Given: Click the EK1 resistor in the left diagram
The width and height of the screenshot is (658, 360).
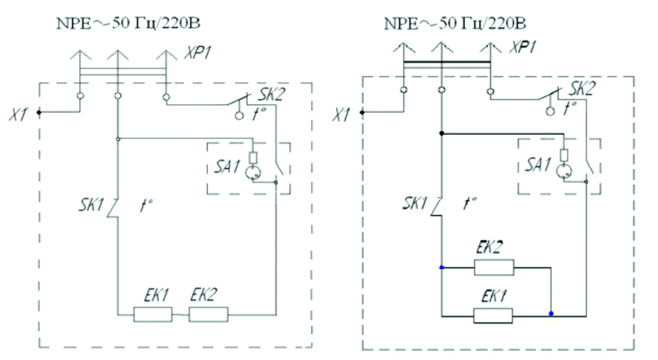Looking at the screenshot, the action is [153, 314].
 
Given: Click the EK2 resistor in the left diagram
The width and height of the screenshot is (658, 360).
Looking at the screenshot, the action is [208, 314].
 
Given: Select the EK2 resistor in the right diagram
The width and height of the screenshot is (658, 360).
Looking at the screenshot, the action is [494, 267].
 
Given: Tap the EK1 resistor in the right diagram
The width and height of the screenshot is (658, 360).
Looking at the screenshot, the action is [493, 316].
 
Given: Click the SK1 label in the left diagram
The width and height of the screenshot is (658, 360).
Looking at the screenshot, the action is [91, 204].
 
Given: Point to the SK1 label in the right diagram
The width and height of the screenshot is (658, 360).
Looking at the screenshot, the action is [414, 203].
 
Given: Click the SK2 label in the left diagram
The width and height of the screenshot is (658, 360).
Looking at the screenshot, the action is [272, 94].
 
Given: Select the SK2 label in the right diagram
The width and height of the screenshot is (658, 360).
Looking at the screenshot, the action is [583, 88].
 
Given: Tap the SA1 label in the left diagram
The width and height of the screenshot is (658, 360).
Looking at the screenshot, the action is [227, 167].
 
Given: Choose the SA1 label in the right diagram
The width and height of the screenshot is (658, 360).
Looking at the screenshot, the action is [538, 165].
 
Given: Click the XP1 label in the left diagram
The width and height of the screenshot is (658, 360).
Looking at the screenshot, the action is [197, 53].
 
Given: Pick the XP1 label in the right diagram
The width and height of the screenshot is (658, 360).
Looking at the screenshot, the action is [523, 47].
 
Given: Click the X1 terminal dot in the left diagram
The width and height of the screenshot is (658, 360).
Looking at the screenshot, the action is [39, 112].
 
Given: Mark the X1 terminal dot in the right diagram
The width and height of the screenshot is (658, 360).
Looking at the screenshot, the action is [362, 112].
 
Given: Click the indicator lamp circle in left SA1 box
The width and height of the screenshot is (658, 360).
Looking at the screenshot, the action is [253, 172].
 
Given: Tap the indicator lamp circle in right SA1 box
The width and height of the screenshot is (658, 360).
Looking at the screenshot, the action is [564, 171].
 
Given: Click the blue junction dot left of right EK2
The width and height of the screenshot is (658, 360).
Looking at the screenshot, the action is [442, 268].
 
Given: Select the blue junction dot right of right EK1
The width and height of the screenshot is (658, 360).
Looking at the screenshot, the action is [551, 314].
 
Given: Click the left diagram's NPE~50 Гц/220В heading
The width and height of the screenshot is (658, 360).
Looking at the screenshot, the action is [128, 23].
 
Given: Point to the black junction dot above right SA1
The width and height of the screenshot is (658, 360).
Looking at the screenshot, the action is [442, 133].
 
